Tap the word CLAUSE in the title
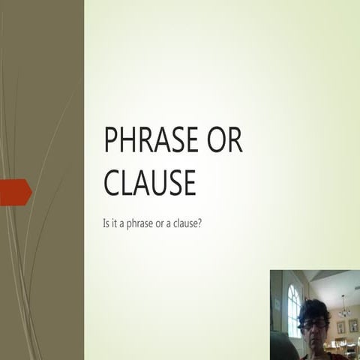149,182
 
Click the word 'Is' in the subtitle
106,223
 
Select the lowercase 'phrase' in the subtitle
143,223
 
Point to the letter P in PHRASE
111,140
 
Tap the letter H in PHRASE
130,140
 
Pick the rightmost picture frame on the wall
353,326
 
